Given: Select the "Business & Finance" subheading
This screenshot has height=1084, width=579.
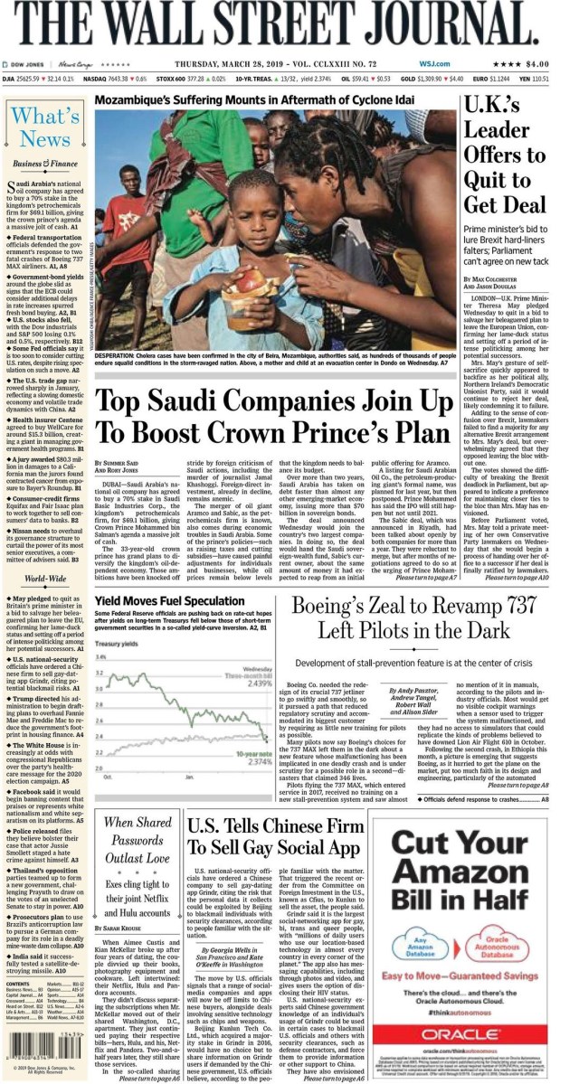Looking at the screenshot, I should click(x=45, y=164).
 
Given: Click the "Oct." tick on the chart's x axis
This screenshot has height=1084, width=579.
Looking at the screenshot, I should click(x=108, y=776).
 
